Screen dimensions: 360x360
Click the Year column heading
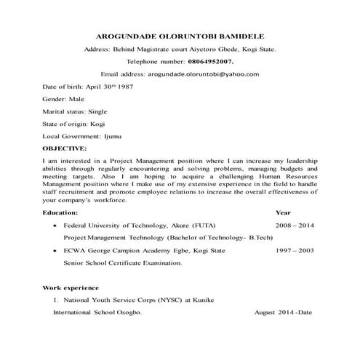click(283, 212)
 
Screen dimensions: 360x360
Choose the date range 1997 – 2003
click(295, 249)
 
